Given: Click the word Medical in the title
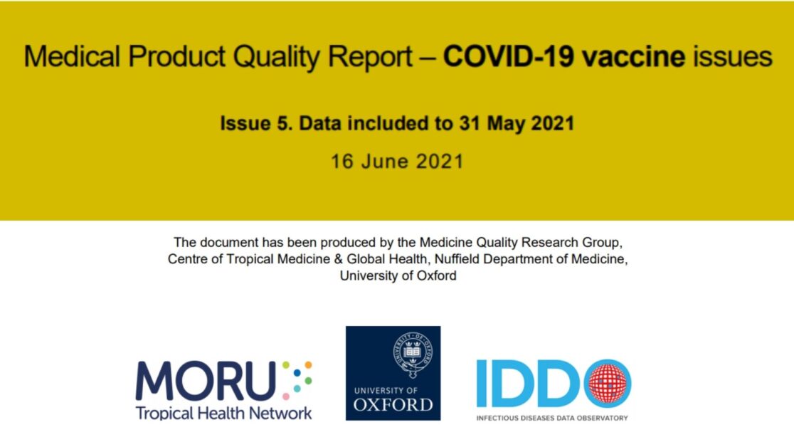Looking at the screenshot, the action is [72, 56].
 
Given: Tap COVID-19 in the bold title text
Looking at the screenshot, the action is [509, 56].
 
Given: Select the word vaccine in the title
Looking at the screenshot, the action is [633, 56].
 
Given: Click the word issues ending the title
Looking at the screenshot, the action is [733, 56].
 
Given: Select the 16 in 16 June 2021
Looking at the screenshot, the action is [342, 162].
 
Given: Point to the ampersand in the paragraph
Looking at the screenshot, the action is [338, 259].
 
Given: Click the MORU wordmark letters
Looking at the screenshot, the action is [206, 380].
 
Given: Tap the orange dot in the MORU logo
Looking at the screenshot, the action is [308, 365].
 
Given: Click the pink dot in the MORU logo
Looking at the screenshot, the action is [286, 396].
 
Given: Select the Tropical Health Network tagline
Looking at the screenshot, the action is [224, 414].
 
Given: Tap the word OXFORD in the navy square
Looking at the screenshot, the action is [393, 405].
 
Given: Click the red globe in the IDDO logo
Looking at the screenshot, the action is [608, 384].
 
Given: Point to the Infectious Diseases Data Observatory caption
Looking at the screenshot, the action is [552, 418].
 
